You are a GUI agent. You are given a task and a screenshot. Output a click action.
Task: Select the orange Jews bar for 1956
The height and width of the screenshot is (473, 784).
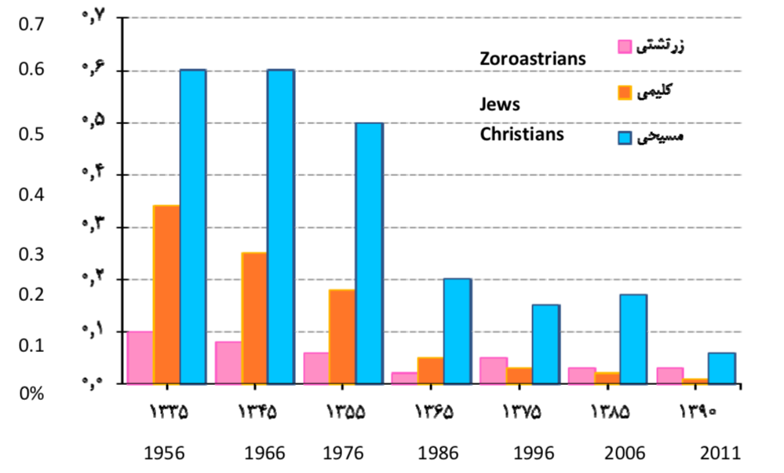pyautogui.click(x=166, y=295)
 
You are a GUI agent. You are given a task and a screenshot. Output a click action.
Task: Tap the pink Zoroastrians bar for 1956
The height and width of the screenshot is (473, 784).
pyautogui.click(x=140, y=357)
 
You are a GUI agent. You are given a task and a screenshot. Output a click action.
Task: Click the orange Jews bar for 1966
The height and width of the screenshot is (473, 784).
pyautogui.click(x=254, y=318)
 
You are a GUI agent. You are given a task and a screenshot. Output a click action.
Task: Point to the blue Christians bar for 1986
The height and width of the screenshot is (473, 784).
pyautogui.click(x=458, y=331)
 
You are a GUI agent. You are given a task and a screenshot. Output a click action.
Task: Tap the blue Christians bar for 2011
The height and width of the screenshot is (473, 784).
pyautogui.click(x=722, y=368)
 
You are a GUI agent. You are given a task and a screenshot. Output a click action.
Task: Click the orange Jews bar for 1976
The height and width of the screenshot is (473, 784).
pyautogui.click(x=342, y=336)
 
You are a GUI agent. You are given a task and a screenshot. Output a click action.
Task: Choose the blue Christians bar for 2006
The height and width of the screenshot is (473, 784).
pyautogui.click(x=633, y=339)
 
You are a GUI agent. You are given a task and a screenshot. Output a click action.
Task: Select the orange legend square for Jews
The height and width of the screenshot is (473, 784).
pyautogui.click(x=625, y=93)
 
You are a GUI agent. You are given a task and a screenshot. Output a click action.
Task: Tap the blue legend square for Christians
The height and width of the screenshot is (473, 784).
pyautogui.click(x=625, y=138)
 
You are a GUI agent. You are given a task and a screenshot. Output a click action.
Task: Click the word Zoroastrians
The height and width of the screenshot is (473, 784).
pyautogui.click(x=533, y=58)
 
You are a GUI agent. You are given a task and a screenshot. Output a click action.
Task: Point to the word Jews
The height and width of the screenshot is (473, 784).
pyautogui.click(x=500, y=104)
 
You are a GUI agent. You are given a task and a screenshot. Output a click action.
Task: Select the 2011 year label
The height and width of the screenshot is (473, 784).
pyautogui.click(x=720, y=453)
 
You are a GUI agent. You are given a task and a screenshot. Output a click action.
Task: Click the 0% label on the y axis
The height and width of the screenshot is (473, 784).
pyautogui.click(x=32, y=393)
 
